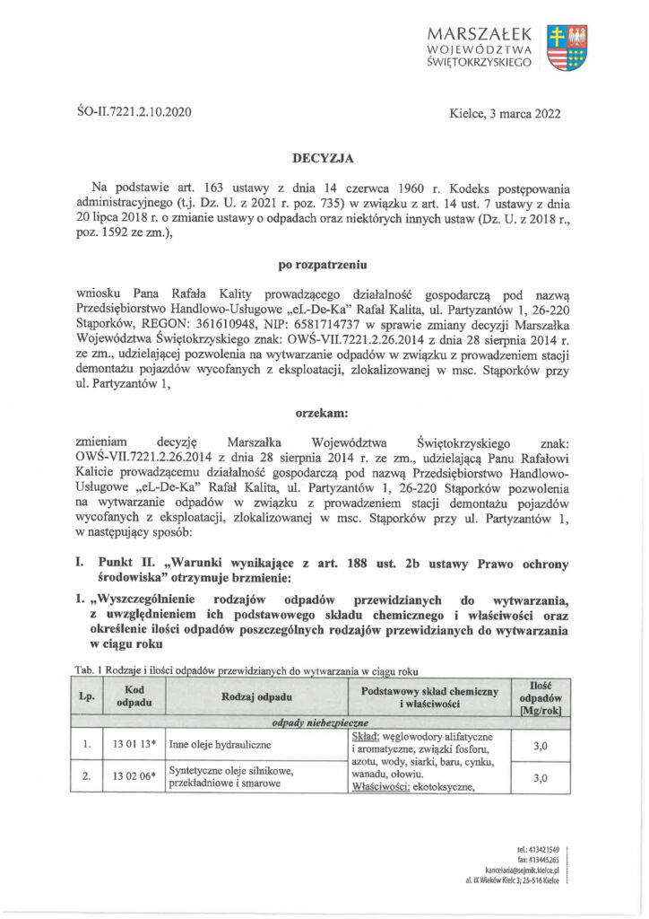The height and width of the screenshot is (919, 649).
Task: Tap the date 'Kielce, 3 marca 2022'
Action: pyautogui.click(x=506, y=113)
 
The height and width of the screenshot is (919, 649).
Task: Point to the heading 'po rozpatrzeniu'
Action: pyautogui.click(x=324, y=265)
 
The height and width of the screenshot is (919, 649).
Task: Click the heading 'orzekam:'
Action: pyautogui.click(x=324, y=413)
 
